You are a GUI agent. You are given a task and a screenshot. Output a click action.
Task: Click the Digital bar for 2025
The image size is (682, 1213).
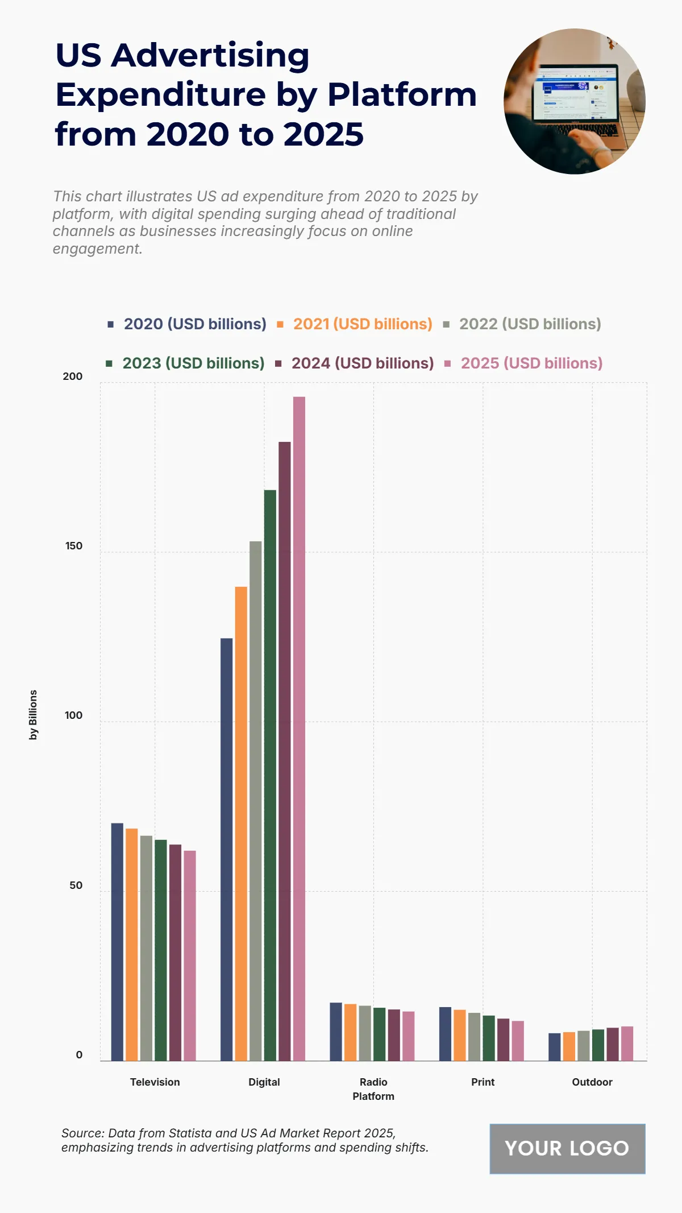299,728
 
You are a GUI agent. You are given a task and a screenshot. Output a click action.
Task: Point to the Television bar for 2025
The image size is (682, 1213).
190,955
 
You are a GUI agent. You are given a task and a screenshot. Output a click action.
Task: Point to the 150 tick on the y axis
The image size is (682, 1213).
73,546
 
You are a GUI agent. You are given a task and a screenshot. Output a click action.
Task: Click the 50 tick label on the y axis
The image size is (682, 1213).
76,885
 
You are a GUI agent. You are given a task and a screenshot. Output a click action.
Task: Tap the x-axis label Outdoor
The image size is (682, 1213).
592,1082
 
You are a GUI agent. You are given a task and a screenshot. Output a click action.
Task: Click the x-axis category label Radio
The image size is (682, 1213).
373,1082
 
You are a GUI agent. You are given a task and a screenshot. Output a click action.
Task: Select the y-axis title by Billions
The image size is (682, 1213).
33,715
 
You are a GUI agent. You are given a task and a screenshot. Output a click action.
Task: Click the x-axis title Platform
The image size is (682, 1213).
373,1096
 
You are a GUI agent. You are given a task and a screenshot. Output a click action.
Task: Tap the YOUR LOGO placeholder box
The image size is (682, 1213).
567,1148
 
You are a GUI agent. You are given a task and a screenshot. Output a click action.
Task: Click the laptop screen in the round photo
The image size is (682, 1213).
574,94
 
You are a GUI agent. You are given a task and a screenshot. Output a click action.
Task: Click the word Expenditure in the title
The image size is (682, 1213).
160,94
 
